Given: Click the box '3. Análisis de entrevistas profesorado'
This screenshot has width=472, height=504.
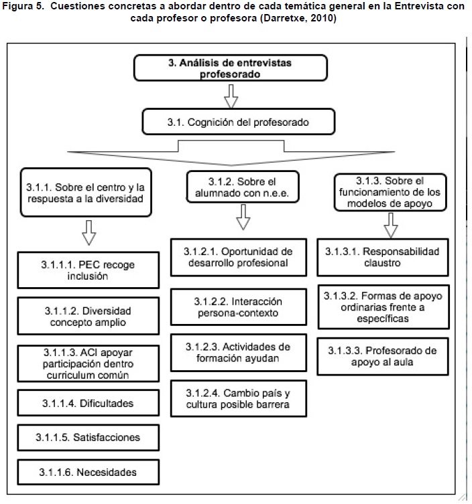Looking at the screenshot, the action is (x=230, y=68).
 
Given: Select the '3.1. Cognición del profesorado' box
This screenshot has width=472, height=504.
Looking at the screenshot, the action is (x=239, y=122).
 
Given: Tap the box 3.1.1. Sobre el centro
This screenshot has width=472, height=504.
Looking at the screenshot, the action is (x=86, y=192).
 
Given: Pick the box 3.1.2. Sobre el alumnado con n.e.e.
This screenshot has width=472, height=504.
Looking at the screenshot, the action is (x=243, y=187).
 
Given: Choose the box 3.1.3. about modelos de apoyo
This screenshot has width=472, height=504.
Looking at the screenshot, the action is (x=390, y=192).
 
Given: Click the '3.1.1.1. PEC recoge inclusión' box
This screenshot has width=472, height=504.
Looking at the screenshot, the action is (x=88, y=270).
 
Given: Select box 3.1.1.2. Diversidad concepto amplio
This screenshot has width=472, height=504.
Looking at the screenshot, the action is (x=88, y=316).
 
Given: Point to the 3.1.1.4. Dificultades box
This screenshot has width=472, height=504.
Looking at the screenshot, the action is (x=88, y=403).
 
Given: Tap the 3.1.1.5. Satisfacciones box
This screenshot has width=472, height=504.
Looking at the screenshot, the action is (x=88, y=438).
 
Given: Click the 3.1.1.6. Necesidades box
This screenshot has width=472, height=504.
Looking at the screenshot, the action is (x=88, y=472).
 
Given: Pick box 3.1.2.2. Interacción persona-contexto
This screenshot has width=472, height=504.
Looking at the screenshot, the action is (x=239, y=307).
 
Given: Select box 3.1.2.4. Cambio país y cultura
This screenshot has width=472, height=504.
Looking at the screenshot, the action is (x=239, y=398).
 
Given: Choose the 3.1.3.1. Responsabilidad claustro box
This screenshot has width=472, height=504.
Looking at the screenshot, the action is (x=383, y=257).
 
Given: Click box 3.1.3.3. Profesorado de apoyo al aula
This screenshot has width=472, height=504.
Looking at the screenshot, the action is (x=383, y=357).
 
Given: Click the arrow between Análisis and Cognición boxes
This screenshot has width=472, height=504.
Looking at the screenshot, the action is (x=231, y=96).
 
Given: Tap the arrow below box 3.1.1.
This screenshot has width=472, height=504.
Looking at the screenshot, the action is (x=89, y=233).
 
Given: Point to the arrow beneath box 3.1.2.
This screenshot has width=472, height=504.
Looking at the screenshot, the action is (x=243, y=217).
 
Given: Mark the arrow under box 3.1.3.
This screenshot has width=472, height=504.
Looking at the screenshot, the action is (x=391, y=226).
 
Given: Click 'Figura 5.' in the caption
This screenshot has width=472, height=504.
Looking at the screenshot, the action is (x=23, y=7).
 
